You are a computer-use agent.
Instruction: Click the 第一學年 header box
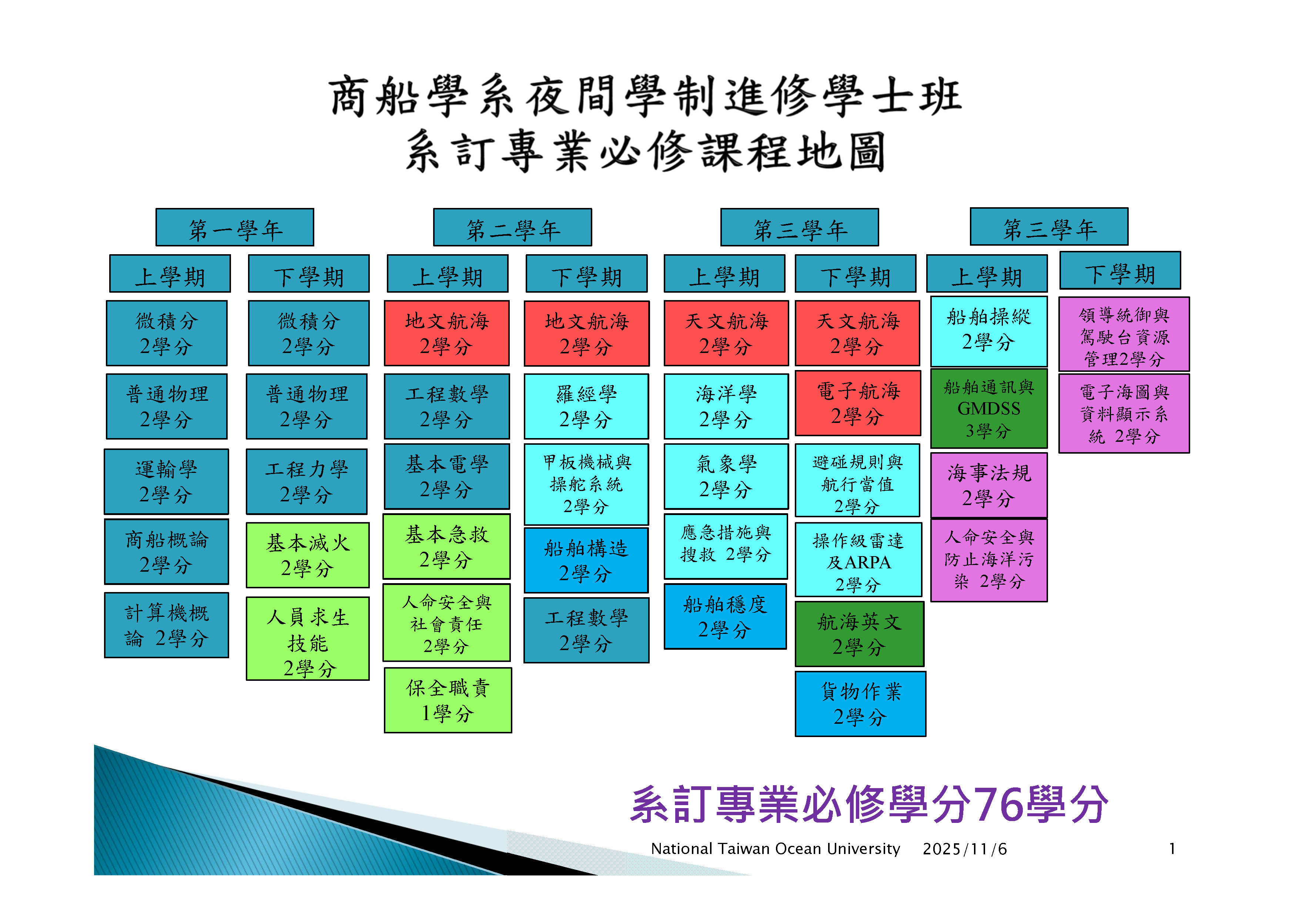pos(234,228)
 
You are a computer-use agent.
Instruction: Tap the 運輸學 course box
pos(166,481)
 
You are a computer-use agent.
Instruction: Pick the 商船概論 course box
pos(166,551)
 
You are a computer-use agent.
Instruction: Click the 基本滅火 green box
pos(308,555)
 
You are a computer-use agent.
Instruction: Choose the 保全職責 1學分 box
pos(448,700)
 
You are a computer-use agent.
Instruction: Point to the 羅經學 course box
pos(586,406)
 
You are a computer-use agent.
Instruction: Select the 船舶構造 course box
pos(586,560)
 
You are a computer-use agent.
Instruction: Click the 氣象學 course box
pos(726,476)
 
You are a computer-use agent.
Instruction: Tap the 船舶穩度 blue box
pos(725,616)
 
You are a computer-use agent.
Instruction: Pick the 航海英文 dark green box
pos(859,634)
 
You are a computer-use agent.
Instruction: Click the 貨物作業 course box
pos(860,704)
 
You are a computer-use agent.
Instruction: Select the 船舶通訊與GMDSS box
pos(988,408)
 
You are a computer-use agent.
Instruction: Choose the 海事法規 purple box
pos(988,485)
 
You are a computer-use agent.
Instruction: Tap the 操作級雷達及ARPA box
pos(858,559)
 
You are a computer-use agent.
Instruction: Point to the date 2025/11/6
pos(965,849)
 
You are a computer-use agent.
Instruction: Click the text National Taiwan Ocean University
pos(775,849)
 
